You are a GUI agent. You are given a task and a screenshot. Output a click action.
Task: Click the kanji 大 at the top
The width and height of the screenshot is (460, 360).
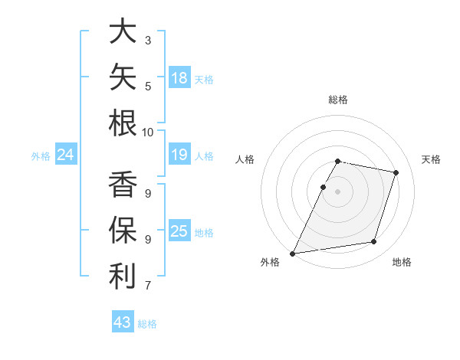[123, 31]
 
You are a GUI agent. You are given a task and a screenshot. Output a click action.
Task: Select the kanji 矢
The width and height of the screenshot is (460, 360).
[123, 77]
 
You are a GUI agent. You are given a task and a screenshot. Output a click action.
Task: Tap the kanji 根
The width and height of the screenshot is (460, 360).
[123, 123]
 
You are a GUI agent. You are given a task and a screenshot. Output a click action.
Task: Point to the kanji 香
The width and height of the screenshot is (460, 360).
[123, 184]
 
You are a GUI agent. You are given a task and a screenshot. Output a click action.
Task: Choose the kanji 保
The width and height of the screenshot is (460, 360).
[123, 230]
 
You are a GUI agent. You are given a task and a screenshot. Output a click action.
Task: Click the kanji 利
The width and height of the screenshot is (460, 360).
[123, 276]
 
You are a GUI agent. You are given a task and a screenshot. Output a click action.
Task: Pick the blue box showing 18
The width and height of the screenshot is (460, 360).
[179, 77]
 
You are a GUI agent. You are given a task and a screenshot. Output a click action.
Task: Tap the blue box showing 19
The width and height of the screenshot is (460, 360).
[179, 154]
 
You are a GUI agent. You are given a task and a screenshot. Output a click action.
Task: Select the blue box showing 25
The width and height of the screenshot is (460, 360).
[179, 230]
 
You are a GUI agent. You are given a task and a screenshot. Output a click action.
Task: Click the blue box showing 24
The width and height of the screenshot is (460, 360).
[66, 154]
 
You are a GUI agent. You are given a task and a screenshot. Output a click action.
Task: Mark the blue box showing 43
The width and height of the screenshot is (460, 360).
[123, 321]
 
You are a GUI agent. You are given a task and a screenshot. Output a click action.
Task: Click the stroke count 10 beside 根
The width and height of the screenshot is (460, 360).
[147, 133]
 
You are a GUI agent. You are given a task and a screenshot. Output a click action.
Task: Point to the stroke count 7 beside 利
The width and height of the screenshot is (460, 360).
[148, 285]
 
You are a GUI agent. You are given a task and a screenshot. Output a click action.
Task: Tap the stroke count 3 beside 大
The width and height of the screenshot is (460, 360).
[148, 41]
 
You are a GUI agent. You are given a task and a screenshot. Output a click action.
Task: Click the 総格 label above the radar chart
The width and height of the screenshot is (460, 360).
[338, 100]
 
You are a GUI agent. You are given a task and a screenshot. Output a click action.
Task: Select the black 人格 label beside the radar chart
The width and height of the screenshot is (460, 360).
[245, 159]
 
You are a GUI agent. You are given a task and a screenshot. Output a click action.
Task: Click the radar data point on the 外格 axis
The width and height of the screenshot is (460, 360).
[292, 254]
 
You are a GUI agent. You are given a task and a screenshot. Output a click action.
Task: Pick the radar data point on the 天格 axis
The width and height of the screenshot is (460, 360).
[396, 172]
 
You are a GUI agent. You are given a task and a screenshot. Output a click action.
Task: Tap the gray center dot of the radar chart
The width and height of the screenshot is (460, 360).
[337, 191]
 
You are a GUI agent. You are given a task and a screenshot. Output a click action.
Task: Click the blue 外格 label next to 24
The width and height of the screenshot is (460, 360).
[41, 156]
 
